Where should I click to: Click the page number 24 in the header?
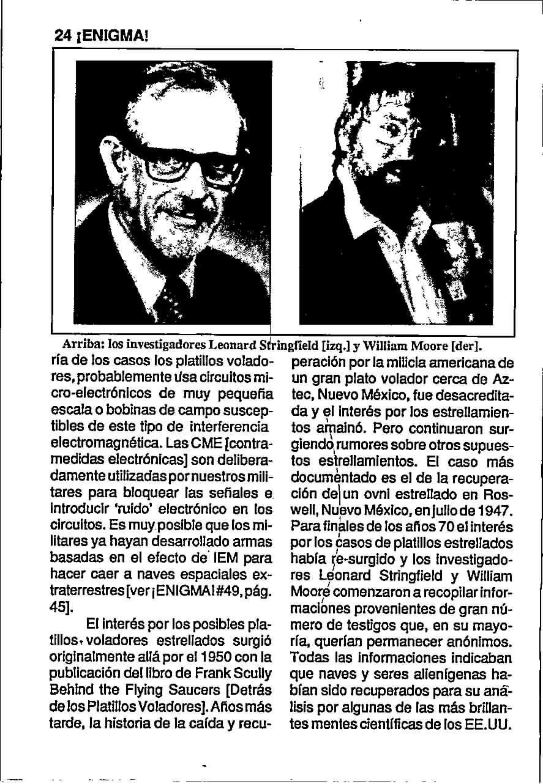[62, 36]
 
